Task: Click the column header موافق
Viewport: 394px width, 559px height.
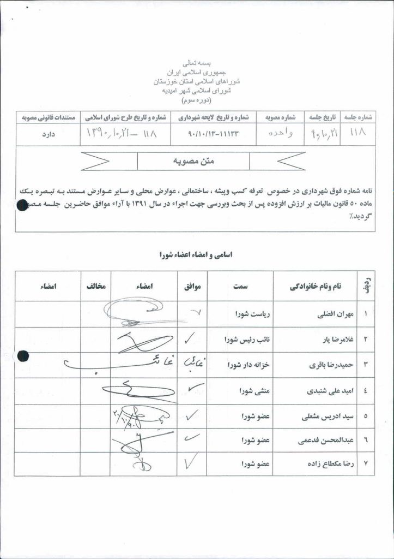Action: (x=192, y=286)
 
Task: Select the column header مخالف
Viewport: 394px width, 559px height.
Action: (x=95, y=286)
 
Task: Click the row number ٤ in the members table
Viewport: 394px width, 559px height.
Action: (x=365, y=391)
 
